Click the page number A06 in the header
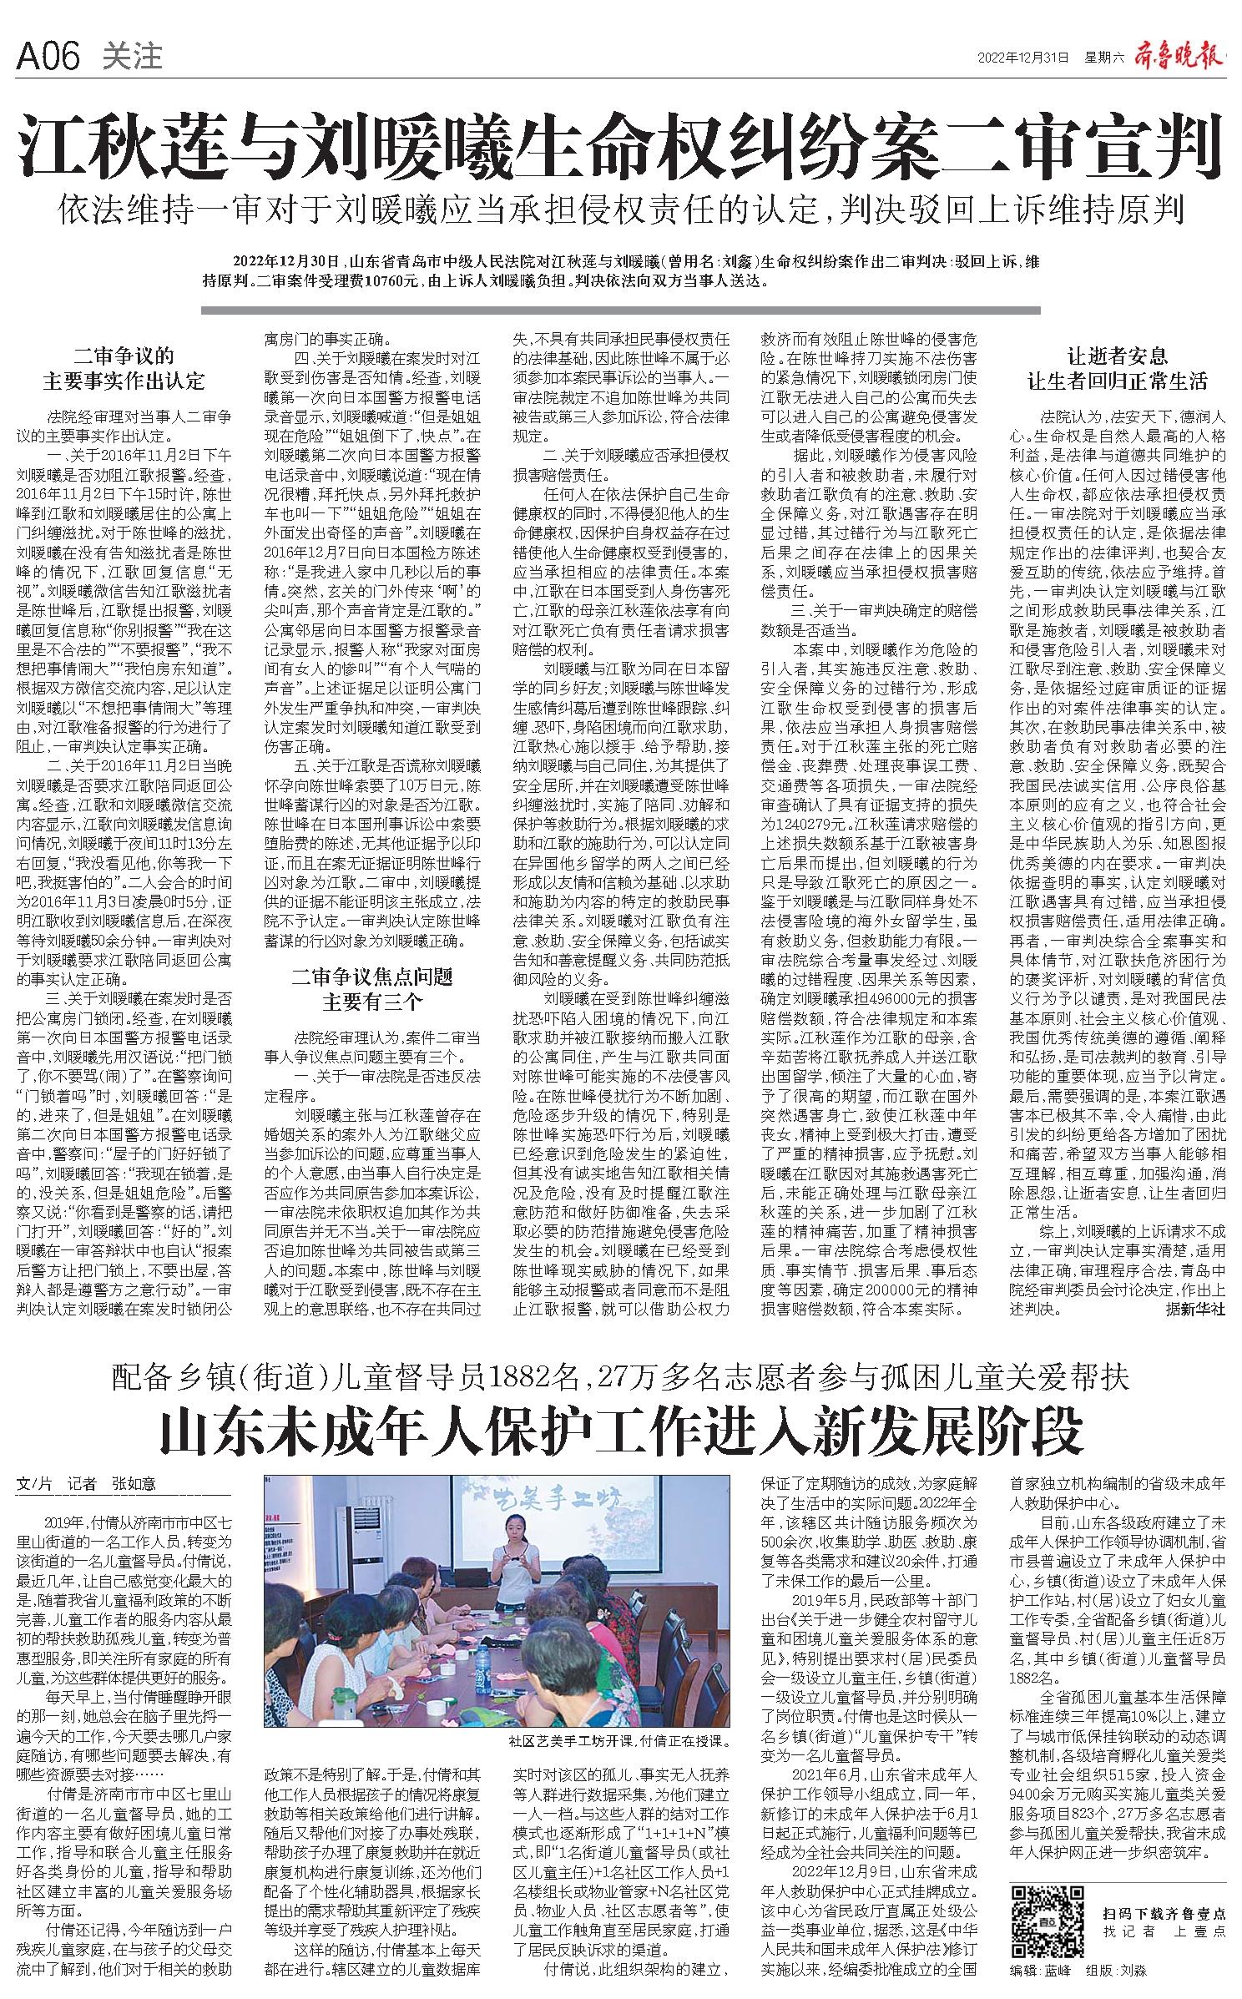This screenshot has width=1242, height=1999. (48, 58)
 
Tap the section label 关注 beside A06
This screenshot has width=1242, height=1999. (132, 58)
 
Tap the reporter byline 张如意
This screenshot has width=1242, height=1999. (134, 1485)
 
